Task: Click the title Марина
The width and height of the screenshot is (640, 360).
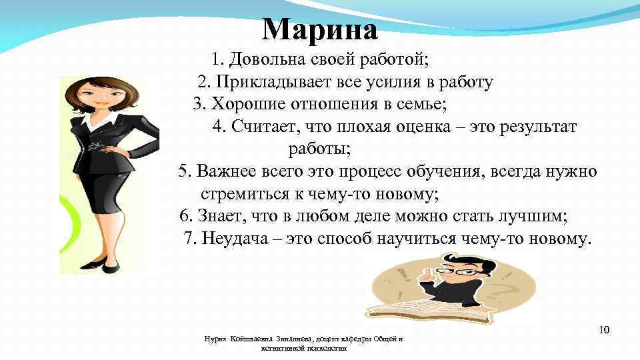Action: pyautogui.click(x=320, y=30)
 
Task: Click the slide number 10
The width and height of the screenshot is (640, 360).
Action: pyautogui.click(x=605, y=330)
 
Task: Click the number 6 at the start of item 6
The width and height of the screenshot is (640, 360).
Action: pyautogui.click(x=184, y=217)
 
